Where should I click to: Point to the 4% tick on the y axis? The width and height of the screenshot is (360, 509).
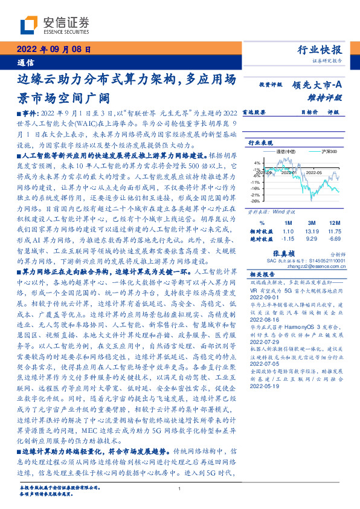point(257,163)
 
